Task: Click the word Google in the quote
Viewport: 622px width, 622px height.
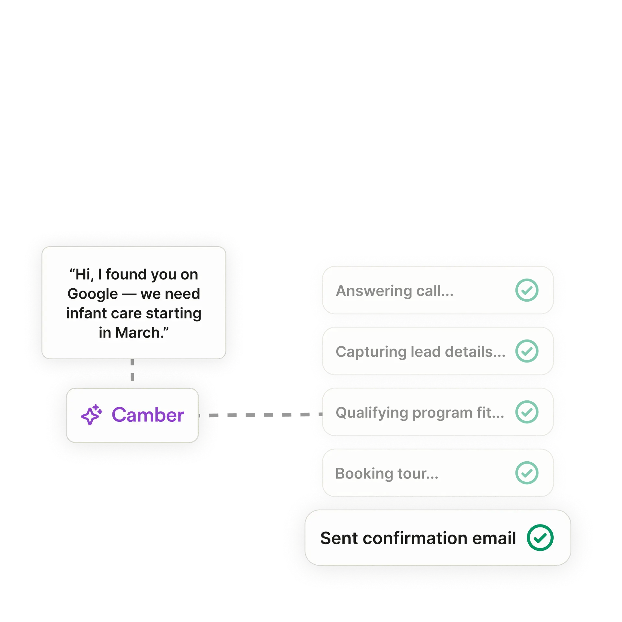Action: click(x=93, y=294)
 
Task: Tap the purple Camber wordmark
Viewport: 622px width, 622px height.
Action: click(x=148, y=415)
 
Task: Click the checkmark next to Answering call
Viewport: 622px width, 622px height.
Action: click(x=527, y=290)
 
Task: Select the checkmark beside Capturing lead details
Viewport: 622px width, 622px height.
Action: click(x=527, y=351)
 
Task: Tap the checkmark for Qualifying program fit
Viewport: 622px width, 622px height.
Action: click(x=527, y=412)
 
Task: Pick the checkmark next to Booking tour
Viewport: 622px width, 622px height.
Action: click(x=527, y=473)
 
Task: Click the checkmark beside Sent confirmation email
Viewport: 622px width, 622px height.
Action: click(x=540, y=538)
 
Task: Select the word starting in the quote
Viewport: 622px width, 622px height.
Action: click(x=173, y=313)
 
